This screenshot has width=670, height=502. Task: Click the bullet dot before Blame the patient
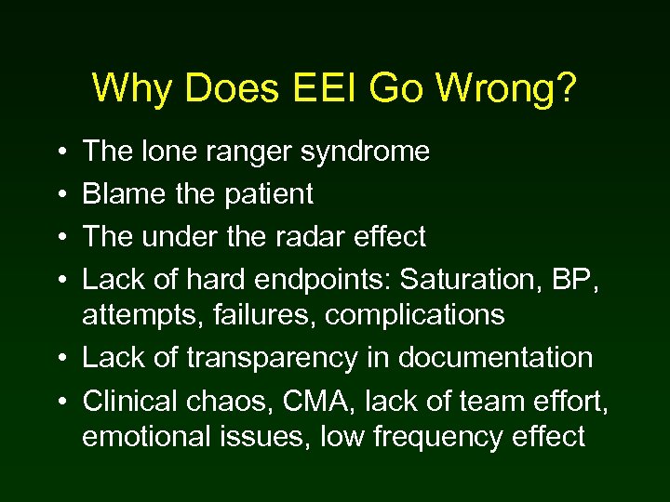[60, 195]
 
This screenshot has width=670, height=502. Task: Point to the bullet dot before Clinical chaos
[60, 401]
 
